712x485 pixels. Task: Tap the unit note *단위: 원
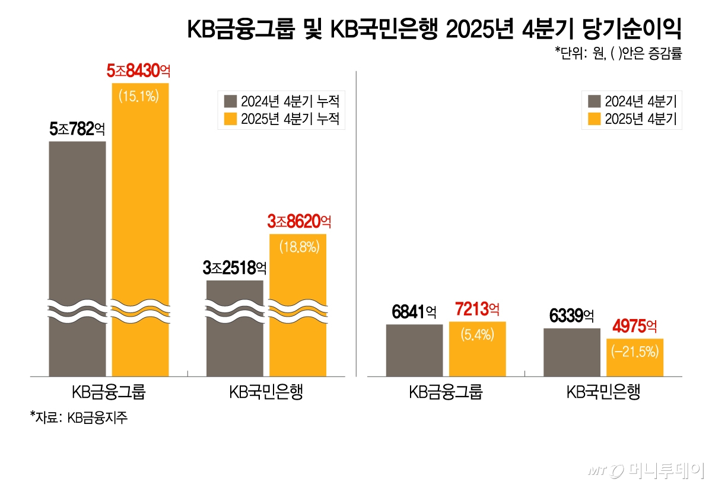pos(618,54)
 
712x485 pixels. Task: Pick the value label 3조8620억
pos(298,222)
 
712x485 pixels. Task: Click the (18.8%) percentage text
pos(298,246)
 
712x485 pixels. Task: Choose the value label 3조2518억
pos(234,268)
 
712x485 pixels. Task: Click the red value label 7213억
pos(477,309)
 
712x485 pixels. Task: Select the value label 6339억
pos(571,316)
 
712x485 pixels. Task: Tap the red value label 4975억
pos(635,326)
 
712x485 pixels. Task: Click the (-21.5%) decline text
pos(635,352)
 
